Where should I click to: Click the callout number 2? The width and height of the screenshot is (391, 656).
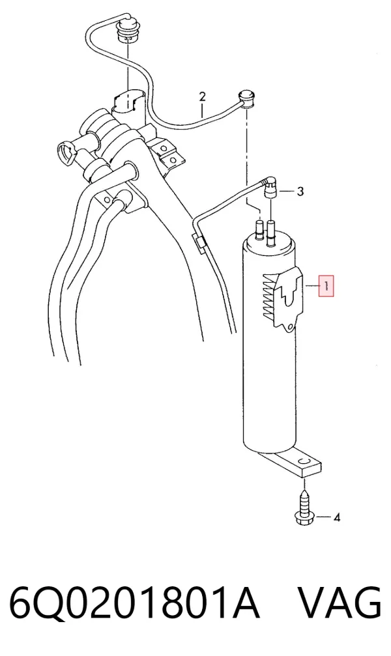[x=203, y=97]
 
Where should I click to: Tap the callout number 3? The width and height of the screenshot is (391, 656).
[x=300, y=192]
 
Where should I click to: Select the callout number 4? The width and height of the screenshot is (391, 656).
[x=336, y=517]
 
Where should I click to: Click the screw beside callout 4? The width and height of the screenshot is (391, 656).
[x=304, y=507]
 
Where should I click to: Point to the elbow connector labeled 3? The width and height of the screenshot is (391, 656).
[x=269, y=186]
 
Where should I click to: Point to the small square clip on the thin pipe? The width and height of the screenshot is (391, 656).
[x=200, y=242]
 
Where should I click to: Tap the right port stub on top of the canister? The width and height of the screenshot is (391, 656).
[x=272, y=229]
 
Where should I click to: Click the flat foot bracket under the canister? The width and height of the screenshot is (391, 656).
[x=298, y=463]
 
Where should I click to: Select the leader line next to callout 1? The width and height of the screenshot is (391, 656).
[x=313, y=286]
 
